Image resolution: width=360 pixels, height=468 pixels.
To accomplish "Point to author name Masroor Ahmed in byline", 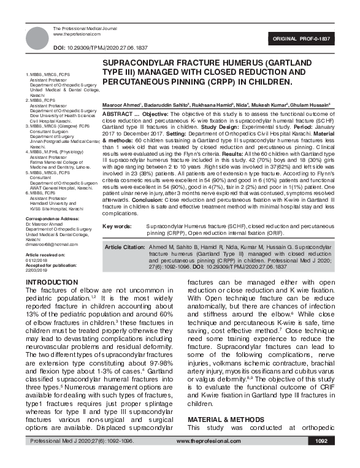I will pos(121,105).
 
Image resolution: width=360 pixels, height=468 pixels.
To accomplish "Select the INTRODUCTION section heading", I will pos(58,282).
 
